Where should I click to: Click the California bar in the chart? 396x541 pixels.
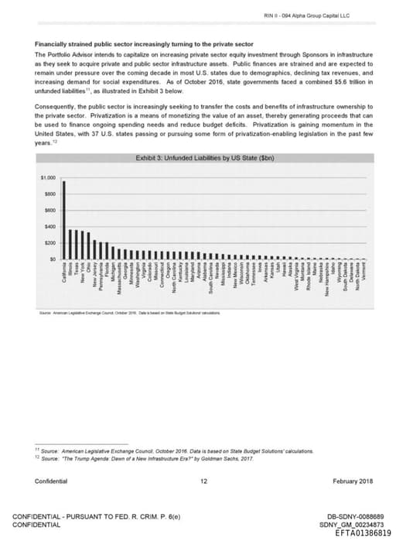click(x=64, y=221)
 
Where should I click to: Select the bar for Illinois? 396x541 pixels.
click(x=70, y=245)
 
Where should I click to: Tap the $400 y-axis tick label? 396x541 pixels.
click(x=49, y=227)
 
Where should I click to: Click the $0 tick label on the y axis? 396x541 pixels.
click(x=52, y=259)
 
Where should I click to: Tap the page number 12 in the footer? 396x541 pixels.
click(x=203, y=481)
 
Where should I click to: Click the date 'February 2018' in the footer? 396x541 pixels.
click(x=353, y=481)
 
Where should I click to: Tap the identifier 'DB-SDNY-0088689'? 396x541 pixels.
click(x=351, y=516)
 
